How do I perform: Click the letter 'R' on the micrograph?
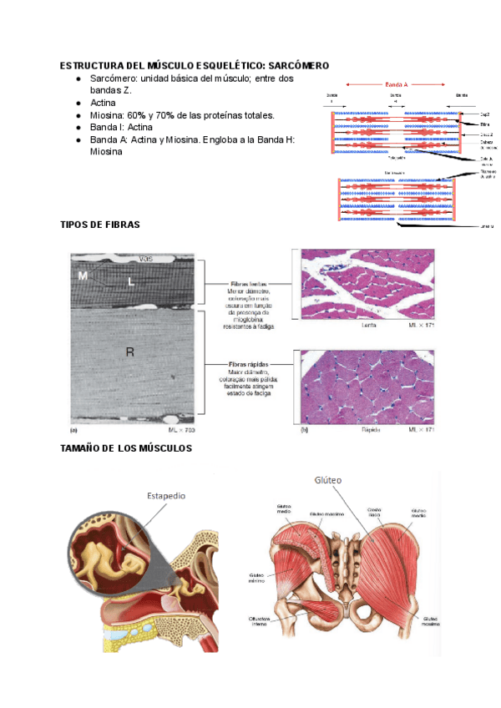(130, 352)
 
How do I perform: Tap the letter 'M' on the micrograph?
(83, 276)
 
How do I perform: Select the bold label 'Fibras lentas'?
(248, 285)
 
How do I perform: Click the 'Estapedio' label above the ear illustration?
(166, 495)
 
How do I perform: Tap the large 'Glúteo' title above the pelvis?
(329, 480)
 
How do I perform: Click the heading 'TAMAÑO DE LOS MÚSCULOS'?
(126, 449)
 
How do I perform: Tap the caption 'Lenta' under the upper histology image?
(368, 326)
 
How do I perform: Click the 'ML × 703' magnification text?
(181, 429)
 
